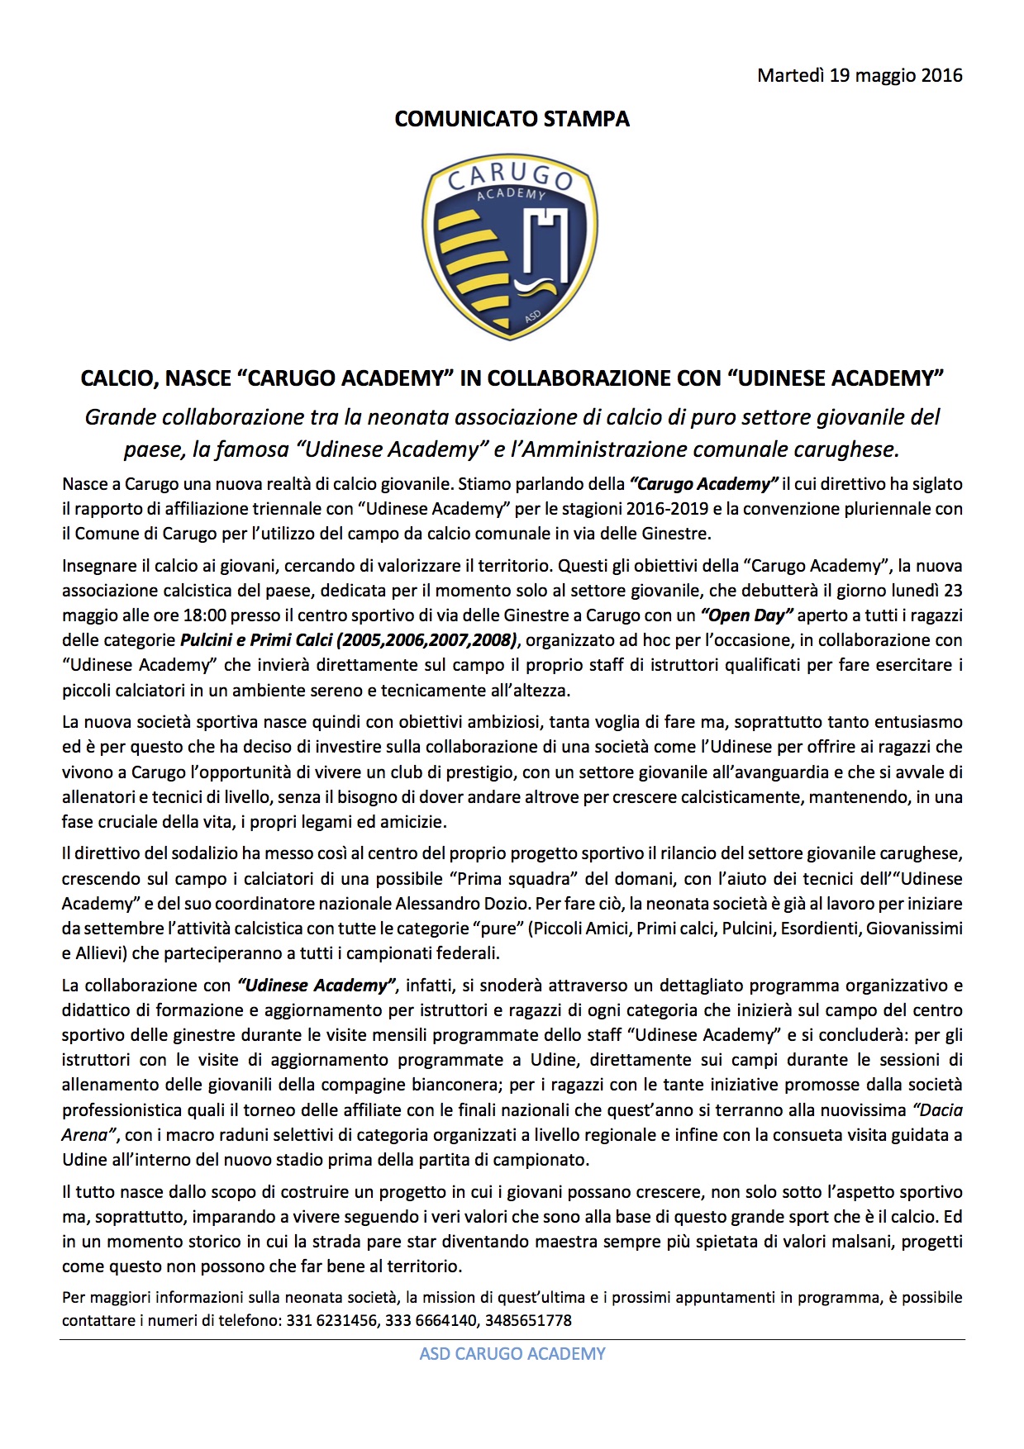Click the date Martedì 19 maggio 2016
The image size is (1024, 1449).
click(860, 75)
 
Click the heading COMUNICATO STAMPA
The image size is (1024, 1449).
click(512, 119)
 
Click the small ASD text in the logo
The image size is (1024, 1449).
click(533, 316)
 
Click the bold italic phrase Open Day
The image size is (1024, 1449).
click(746, 615)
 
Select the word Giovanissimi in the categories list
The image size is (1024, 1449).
click(913, 929)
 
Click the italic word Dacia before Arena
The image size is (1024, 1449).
click(937, 1110)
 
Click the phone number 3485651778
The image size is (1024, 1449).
click(528, 1321)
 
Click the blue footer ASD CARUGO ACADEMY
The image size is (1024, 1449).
click(512, 1354)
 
